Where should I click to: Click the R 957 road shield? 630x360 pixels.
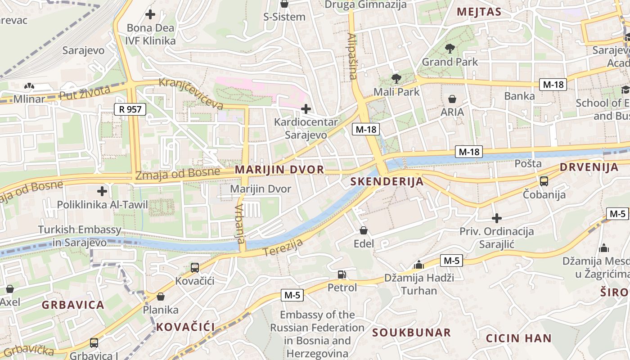click(x=130, y=109)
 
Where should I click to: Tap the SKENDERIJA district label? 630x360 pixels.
click(x=387, y=181)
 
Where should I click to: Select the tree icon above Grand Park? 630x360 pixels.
click(x=450, y=49)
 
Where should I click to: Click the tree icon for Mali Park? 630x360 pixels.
click(x=396, y=79)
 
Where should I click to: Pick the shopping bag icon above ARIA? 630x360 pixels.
click(x=452, y=99)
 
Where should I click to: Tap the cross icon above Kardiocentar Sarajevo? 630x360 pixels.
click(x=306, y=108)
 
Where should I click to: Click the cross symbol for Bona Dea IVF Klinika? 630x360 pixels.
click(x=150, y=14)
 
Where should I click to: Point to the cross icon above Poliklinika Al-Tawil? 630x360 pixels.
click(x=102, y=191)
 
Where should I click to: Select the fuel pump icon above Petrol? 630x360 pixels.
click(x=342, y=274)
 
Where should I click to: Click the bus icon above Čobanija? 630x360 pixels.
click(x=544, y=181)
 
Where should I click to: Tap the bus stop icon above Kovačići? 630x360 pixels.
click(x=195, y=267)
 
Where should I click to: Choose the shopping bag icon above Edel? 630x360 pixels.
click(x=364, y=230)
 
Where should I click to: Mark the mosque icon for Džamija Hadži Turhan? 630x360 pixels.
click(x=419, y=264)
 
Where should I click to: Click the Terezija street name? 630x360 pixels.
click(x=283, y=247)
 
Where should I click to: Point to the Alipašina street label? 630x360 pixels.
click(x=352, y=56)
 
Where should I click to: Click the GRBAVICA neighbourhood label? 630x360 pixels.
click(x=73, y=305)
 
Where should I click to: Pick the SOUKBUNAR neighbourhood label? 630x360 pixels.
click(x=411, y=333)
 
